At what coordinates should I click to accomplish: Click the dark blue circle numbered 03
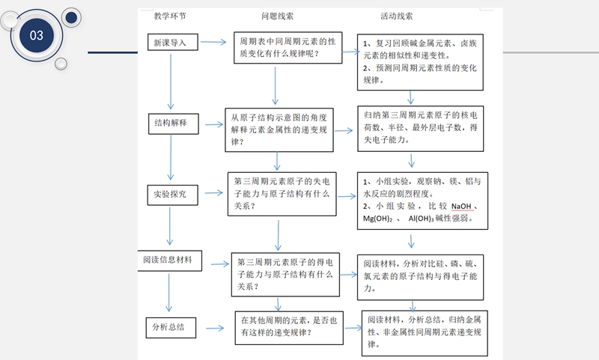[37, 35]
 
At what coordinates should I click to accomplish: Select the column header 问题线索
[277, 16]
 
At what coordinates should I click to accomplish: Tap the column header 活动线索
[396, 16]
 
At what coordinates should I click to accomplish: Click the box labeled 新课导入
[171, 43]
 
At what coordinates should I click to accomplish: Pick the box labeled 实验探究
[172, 195]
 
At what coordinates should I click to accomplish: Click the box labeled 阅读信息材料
[168, 260]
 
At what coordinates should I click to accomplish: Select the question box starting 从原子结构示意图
[278, 129]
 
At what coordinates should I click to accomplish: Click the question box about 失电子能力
[281, 194]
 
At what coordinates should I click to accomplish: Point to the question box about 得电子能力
[285, 273]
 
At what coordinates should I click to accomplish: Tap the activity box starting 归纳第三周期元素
[420, 129]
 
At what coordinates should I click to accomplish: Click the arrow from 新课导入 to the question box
[214, 43]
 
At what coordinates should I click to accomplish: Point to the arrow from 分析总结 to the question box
[215, 328]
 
